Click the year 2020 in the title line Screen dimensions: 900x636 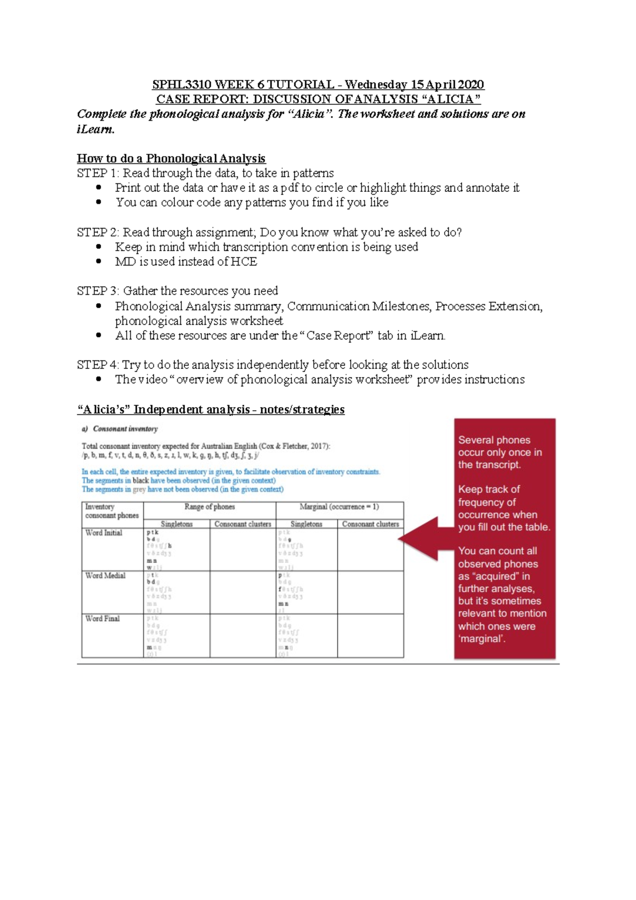471,85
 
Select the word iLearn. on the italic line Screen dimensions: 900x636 95,129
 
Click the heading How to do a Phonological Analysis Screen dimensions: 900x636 171,158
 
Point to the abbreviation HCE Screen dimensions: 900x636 244,262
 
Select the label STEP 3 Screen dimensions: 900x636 98,291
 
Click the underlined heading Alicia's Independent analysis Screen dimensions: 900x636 210,410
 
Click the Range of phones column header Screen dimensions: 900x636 209,507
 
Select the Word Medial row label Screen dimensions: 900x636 105,576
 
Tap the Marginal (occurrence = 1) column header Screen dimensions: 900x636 339,507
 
